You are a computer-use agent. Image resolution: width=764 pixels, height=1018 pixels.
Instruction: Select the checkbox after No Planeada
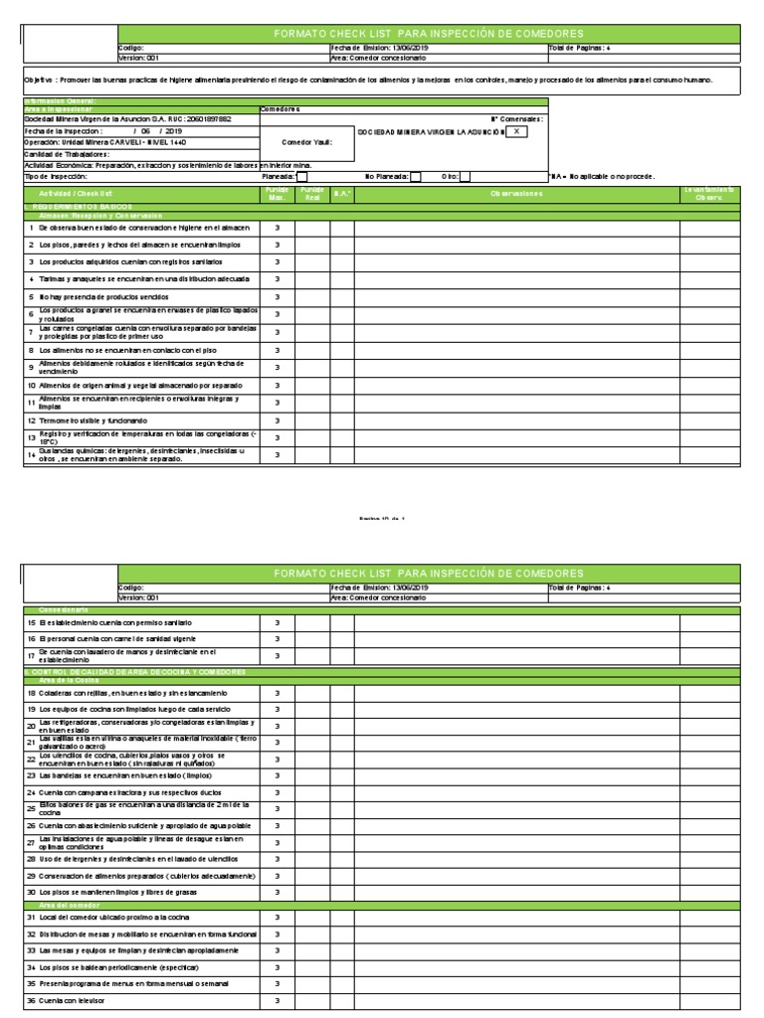[415, 177]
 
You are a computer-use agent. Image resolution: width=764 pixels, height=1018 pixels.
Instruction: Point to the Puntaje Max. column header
[276, 194]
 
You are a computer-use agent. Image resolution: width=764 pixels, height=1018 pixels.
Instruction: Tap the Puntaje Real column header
[312, 194]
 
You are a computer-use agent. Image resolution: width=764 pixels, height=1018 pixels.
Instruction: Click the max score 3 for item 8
[276, 350]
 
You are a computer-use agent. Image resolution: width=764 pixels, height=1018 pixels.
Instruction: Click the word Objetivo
[41, 78]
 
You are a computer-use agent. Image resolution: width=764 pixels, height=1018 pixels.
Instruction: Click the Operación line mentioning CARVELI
[91, 142]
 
